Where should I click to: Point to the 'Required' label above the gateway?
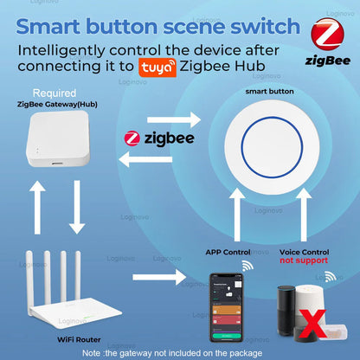[x=48, y=92]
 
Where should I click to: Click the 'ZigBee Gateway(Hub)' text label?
[x=48, y=104]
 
